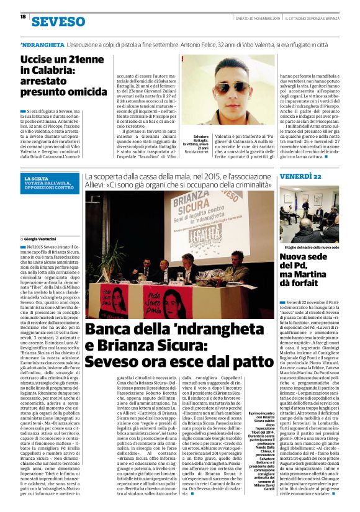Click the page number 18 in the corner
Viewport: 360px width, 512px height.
pyautogui.click(x=22, y=17)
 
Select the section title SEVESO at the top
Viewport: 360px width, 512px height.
pyautogui.click(x=58, y=21)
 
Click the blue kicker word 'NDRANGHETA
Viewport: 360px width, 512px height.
pyautogui.click(x=41, y=46)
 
